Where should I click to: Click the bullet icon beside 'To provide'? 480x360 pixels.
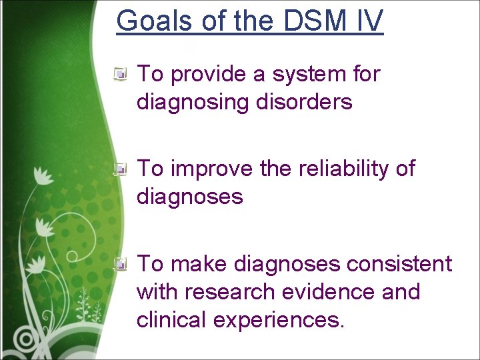click(121, 75)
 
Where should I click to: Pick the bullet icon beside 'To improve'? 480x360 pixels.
click(121, 170)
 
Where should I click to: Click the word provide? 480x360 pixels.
click(209, 75)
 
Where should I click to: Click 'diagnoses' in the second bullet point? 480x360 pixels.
click(189, 197)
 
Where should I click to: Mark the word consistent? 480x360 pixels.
click(399, 265)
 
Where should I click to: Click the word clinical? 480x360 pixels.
click(171, 319)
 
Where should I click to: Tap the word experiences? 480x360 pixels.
click(279, 320)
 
